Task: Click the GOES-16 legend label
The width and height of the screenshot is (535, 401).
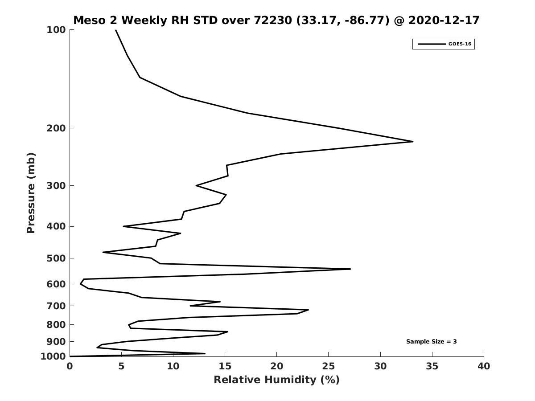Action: [460, 44]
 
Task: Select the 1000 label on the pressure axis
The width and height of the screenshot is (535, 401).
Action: [53, 356]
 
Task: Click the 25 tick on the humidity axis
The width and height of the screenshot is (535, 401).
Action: [329, 366]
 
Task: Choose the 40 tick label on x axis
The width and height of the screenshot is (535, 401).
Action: [484, 366]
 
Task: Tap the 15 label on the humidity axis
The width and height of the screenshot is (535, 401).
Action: [225, 366]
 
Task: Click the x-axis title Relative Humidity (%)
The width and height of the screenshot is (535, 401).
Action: [276, 380]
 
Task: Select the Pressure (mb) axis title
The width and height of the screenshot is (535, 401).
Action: [31, 193]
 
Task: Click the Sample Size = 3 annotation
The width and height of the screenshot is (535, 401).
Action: [431, 342]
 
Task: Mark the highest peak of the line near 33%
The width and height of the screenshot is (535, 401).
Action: [412, 142]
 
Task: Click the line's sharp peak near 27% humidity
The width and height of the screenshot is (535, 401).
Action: [350, 269]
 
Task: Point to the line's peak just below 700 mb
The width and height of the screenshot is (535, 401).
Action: [308, 310]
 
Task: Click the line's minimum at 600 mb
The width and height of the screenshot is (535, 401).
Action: [81, 284]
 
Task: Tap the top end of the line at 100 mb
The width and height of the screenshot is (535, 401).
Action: [116, 30]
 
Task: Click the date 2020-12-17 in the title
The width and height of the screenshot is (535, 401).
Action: [444, 20]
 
